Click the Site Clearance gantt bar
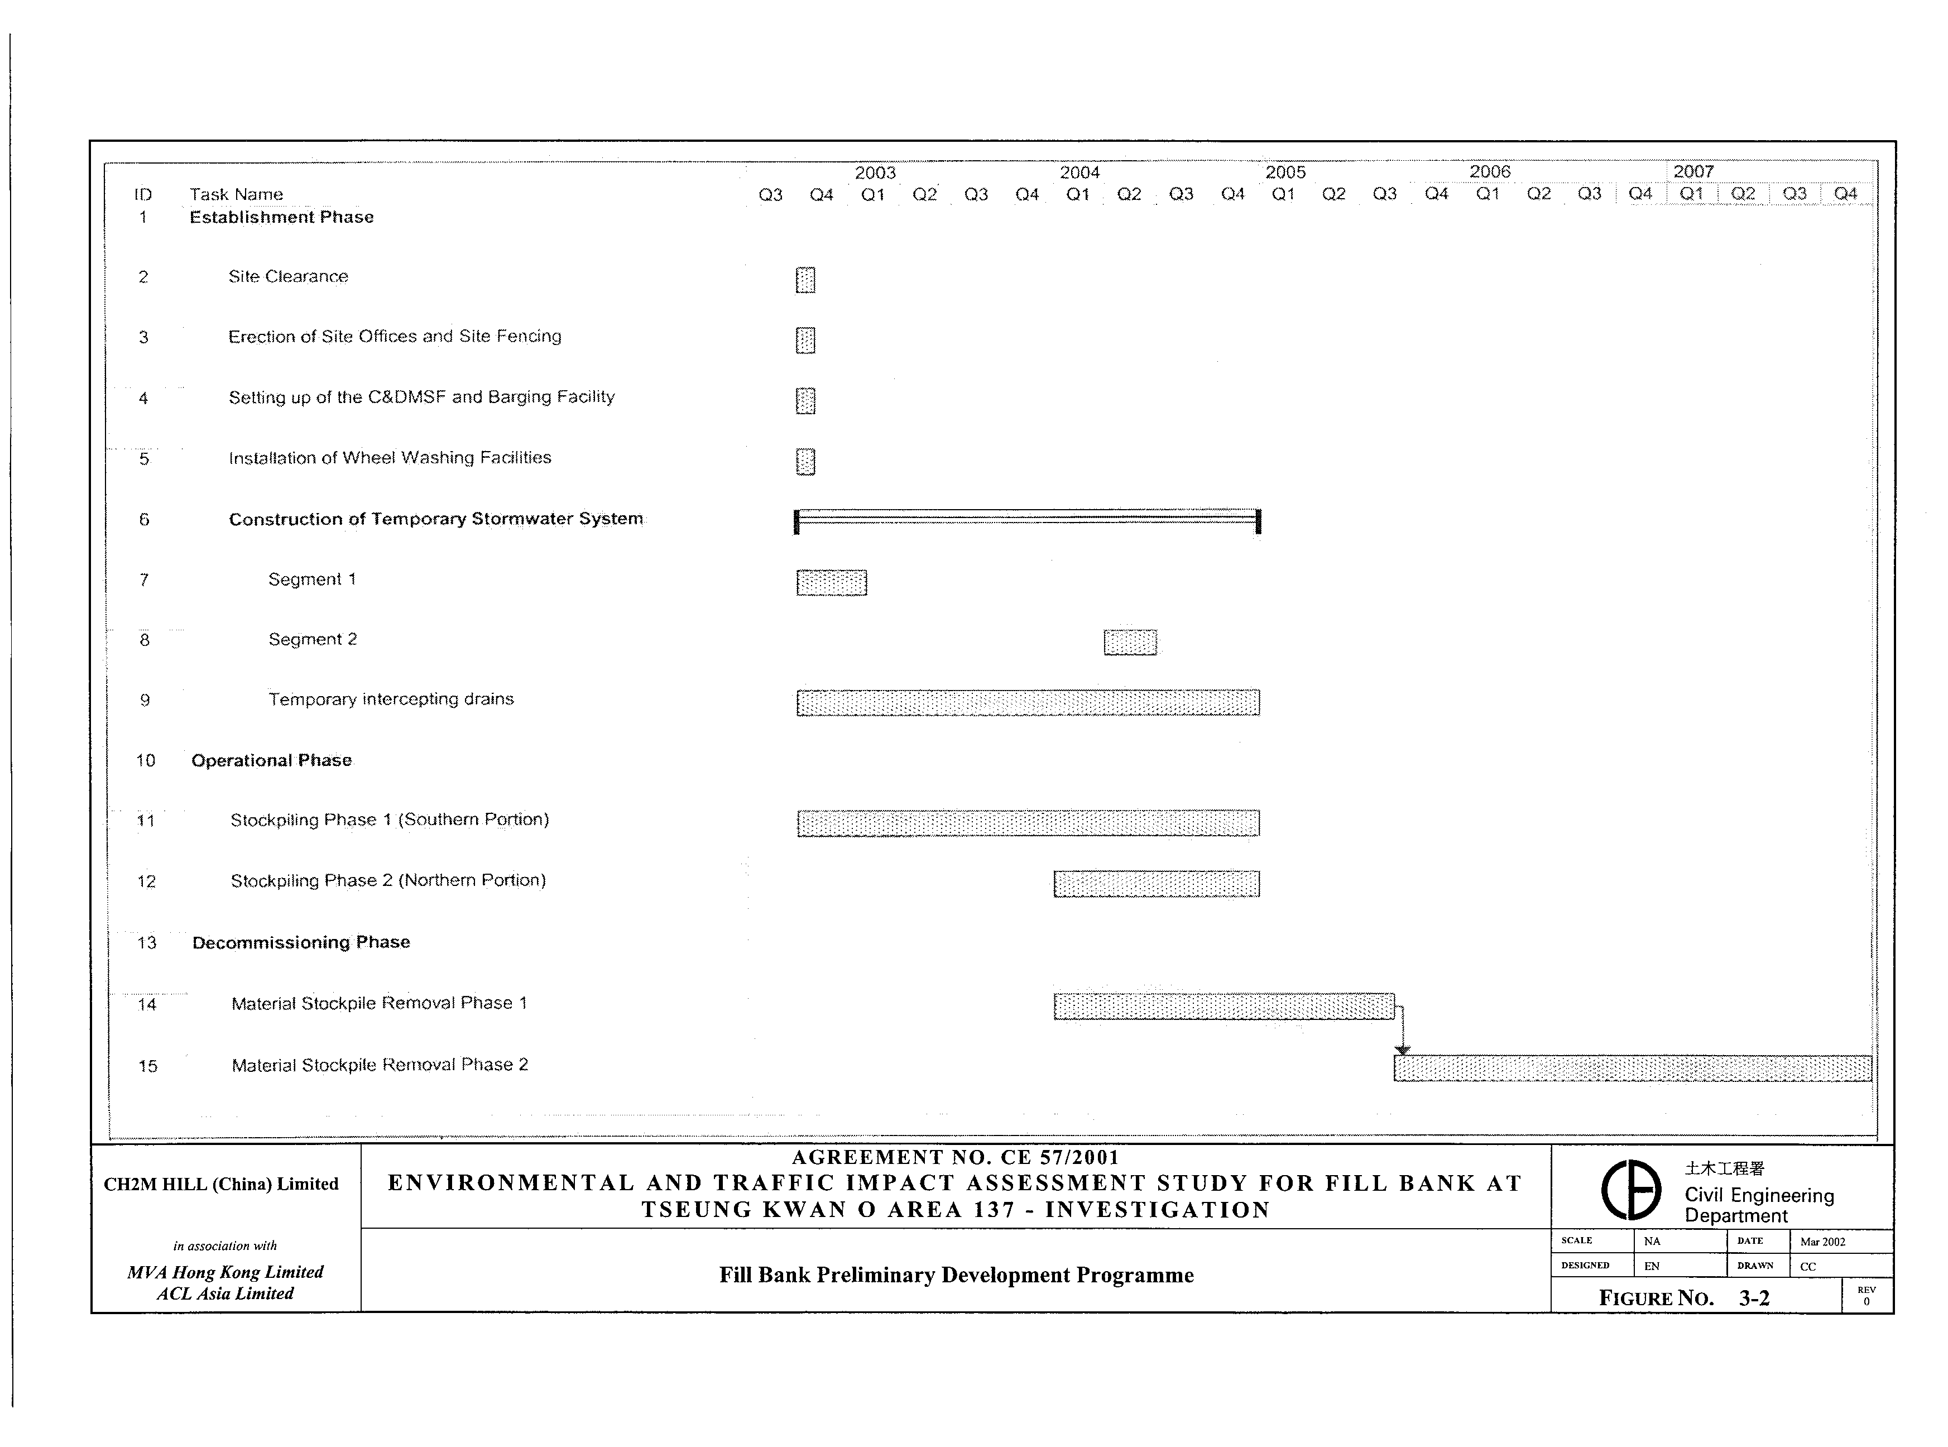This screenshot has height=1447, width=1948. coord(805,280)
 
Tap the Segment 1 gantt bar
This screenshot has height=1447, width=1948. coord(832,582)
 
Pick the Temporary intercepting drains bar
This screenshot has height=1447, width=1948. coord(1028,702)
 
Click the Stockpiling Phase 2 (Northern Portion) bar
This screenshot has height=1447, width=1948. coord(1157,884)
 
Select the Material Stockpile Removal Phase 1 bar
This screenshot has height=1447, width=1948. coord(1224,1007)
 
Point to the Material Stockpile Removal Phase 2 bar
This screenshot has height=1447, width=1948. coord(1632,1069)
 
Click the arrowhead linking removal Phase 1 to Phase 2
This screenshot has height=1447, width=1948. coord(1403,1050)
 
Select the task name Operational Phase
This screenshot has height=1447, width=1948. coord(271,760)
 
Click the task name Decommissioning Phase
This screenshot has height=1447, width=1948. coord(301,942)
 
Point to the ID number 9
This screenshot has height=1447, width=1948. coord(145,701)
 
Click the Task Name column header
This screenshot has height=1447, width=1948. coord(237,194)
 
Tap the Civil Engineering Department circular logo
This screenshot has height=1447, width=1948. coord(1631,1190)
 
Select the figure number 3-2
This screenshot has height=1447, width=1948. coord(1754,1298)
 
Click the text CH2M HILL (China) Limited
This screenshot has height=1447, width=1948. coord(222,1184)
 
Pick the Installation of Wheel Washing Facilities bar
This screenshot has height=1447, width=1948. coord(805,462)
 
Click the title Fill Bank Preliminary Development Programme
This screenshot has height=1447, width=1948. coord(956,1275)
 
